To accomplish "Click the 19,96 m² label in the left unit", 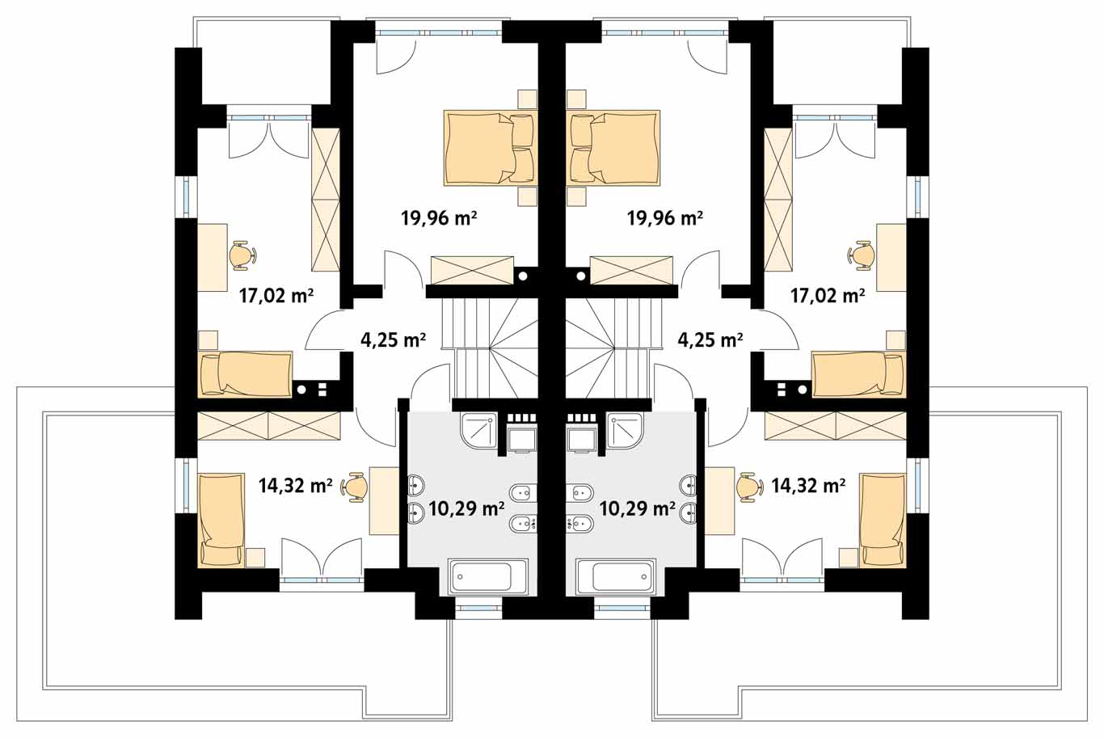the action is coord(439,217).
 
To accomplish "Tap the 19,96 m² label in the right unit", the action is coord(664,217).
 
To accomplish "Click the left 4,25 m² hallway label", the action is coord(394,339).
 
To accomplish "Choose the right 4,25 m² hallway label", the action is coord(710,339).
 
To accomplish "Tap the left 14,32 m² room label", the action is coord(295,486).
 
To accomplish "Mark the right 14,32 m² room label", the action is coord(809,486).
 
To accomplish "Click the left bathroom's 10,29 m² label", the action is coord(466,508).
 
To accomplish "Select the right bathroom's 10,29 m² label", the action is coord(637,508).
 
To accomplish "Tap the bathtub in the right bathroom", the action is coord(616,577).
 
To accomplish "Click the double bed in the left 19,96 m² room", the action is coord(491,148).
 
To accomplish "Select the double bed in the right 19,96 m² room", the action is coord(613,148).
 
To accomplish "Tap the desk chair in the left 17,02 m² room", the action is coord(242,255).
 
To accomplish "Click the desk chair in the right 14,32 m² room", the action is coord(750,487).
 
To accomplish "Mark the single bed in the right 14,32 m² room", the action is coord(883,520).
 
